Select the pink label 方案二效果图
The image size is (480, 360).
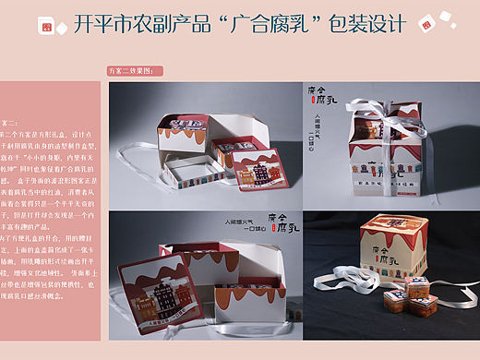click(x=136, y=70)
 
